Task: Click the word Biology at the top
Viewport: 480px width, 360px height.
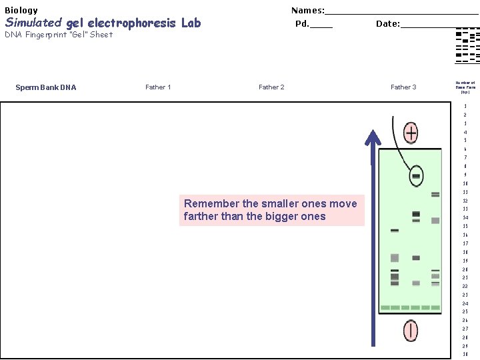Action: click(x=21, y=10)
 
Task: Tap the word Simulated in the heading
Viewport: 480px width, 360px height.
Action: click(x=33, y=23)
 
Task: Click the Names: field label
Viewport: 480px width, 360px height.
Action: click(x=307, y=10)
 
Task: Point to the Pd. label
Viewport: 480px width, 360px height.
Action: click(x=302, y=24)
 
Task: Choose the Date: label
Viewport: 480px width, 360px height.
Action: click(x=387, y=24)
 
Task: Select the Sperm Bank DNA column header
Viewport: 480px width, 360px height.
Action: click(x=46, y=87)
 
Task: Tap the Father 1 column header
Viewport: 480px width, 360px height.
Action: click(x=158, y=87)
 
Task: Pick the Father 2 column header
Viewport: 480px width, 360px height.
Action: click(x=271, y=87)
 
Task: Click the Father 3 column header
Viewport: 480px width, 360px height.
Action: click(x=403, y=87)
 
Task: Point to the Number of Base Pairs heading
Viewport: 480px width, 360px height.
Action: click(x=465, y=87)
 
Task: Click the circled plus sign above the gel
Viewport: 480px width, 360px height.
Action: click(x=411, y=133)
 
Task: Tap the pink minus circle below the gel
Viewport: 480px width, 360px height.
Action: click(x=410, y=331)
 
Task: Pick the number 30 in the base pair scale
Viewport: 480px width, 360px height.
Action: click(x=465, y=354)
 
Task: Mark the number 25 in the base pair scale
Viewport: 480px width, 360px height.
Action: click(x=465, y=311)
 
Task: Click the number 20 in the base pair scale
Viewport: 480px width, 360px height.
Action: click(x=465, y=269)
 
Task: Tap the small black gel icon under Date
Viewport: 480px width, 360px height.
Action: click(x=467, y=46)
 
